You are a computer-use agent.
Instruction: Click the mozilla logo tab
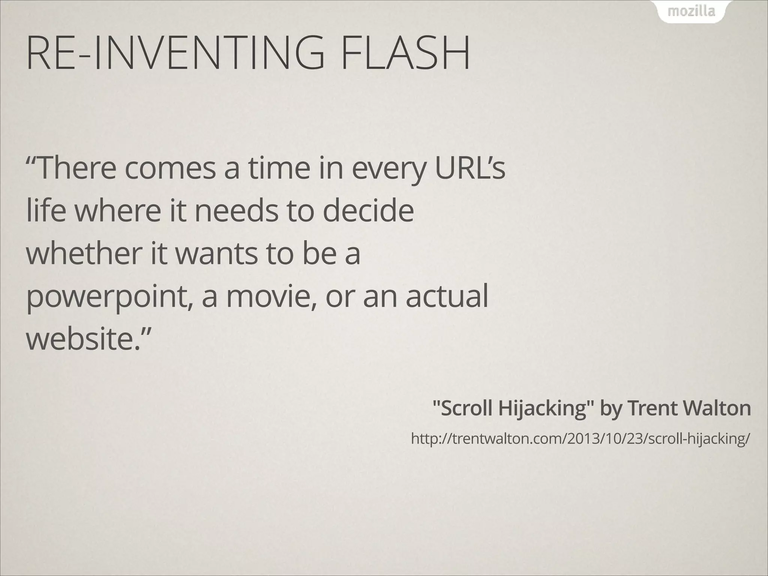[x=691, y=12]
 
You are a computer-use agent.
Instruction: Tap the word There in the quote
[x=75, y=168]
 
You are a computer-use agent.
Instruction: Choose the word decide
[x=368, y=211]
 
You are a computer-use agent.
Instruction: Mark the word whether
[x=83, y=253]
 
